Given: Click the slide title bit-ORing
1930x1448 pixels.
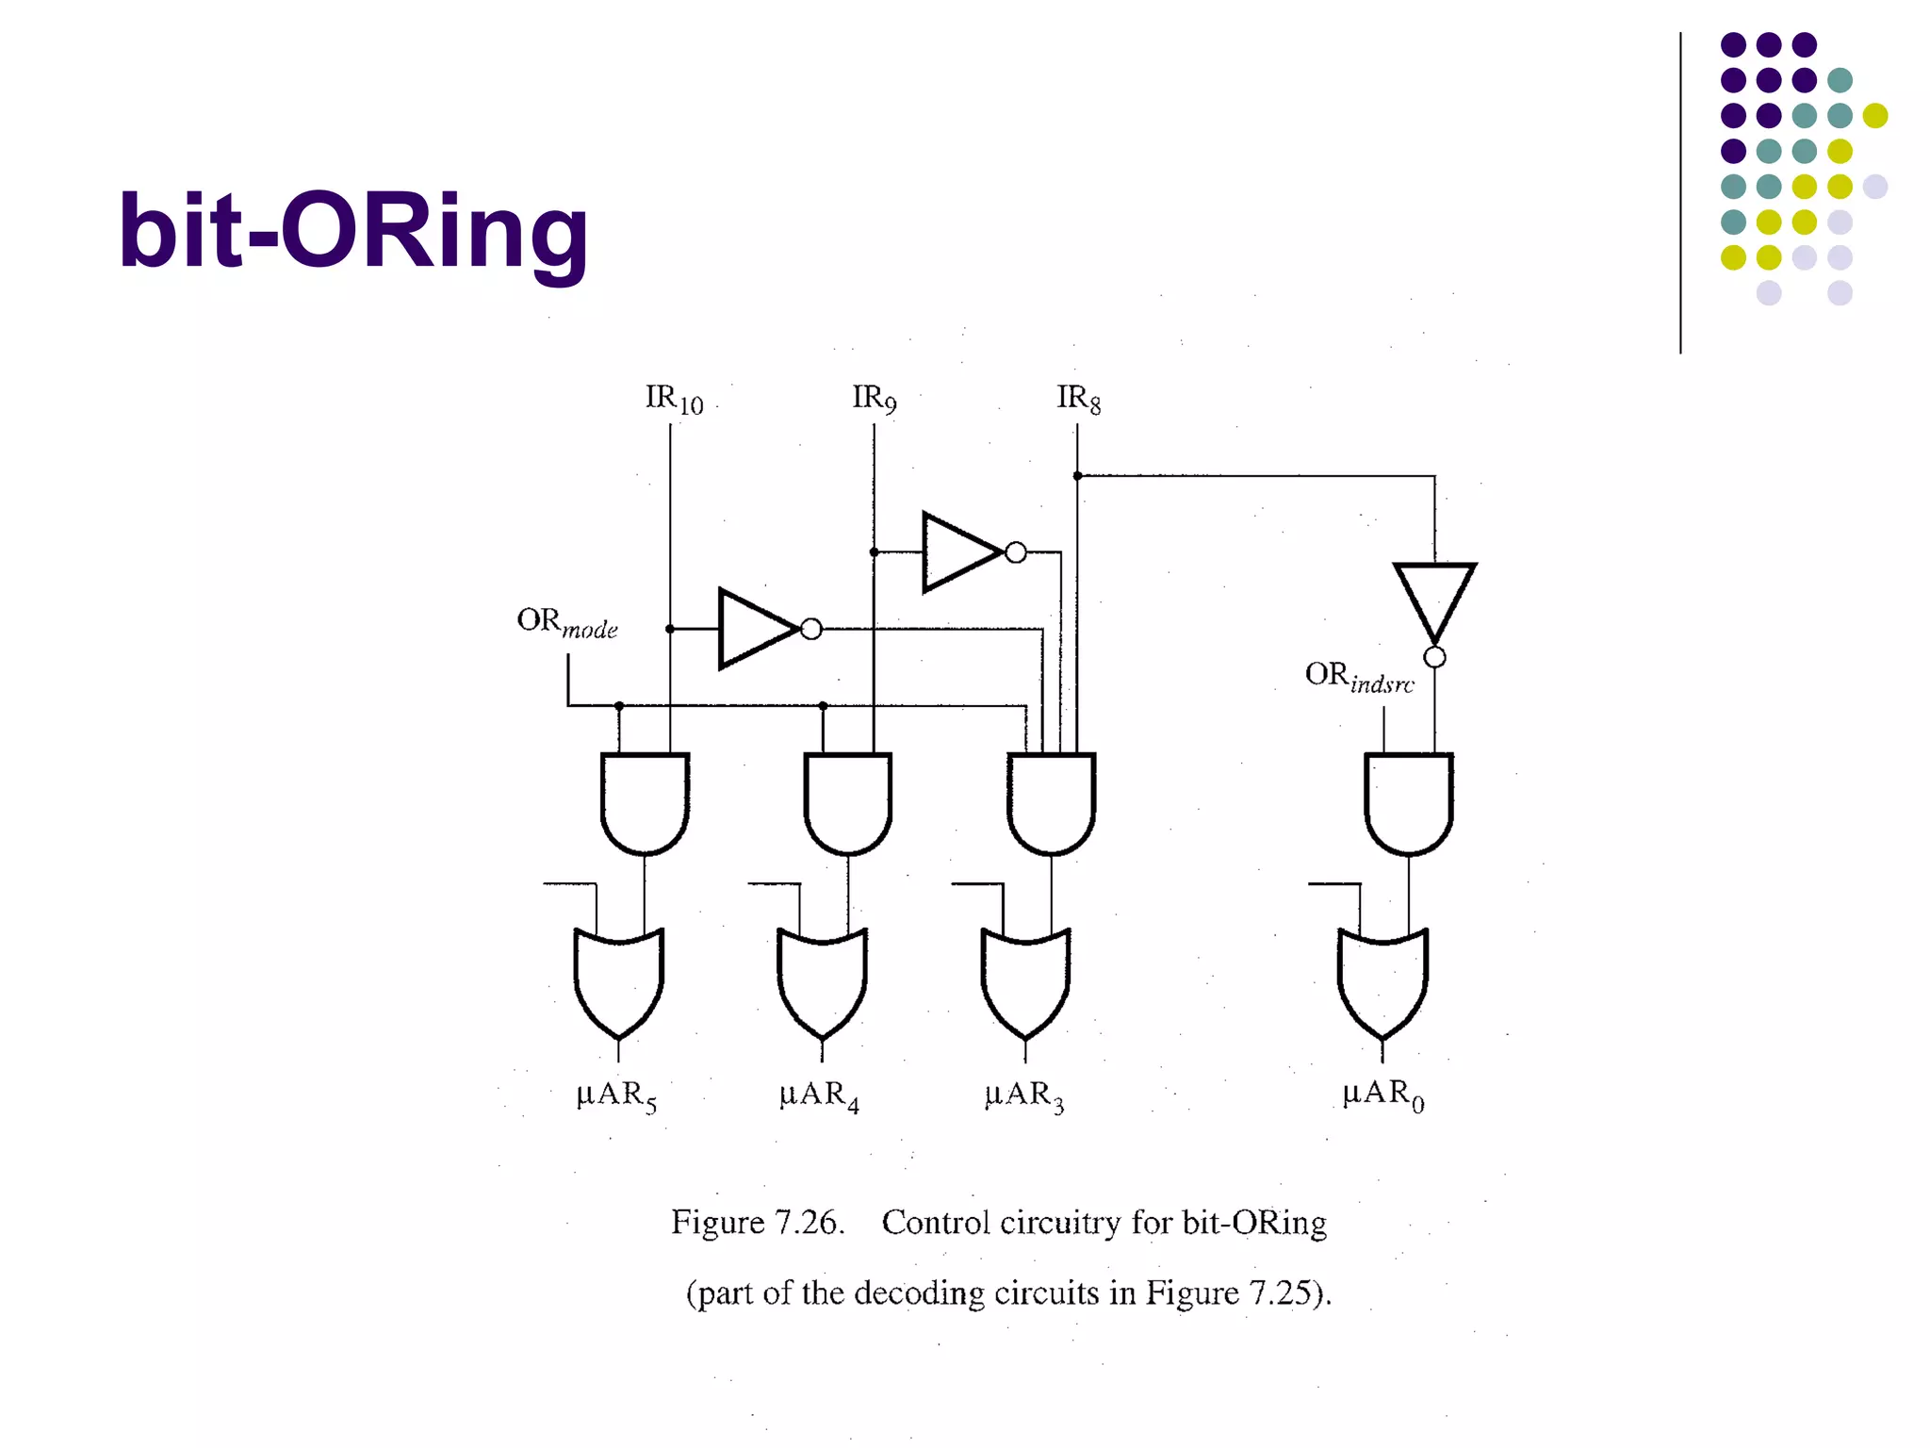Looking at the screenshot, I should click(353, 231).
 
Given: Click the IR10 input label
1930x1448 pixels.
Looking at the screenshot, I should click(673, 399).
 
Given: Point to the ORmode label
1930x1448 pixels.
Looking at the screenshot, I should click(566, 623).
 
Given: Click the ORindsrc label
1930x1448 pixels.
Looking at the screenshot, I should click(1359, 677).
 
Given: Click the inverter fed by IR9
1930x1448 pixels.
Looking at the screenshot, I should click(961, 552).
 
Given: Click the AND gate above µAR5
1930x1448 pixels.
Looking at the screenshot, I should click(645, 801).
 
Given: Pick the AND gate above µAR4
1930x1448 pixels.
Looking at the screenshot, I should click(848, 801).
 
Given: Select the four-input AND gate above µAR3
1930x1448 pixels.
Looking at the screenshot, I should click(1051, 801).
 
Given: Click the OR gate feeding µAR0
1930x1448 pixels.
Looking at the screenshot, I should click(1382, 980).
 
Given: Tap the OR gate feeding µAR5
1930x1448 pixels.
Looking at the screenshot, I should click(618, 980).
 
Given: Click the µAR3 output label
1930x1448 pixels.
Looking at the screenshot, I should click(1024, 1095).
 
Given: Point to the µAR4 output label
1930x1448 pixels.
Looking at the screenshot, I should click(819, 1095).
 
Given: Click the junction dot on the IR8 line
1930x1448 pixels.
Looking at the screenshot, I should click(1077, 476).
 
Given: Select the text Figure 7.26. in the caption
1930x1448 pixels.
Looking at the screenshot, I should click(757, 1223).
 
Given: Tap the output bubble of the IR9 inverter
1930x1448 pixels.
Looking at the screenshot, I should click(1016, 552).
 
